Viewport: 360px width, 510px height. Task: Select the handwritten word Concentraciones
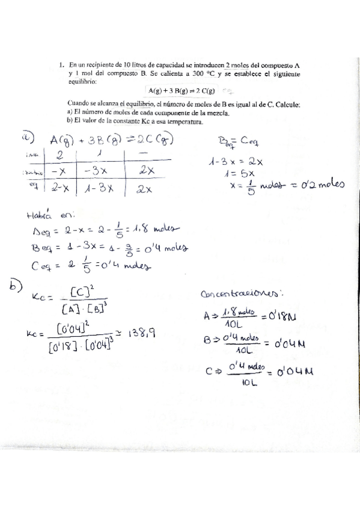click(x=239, y=294)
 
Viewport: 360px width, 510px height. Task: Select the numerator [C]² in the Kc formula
click(x=81, y=292)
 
